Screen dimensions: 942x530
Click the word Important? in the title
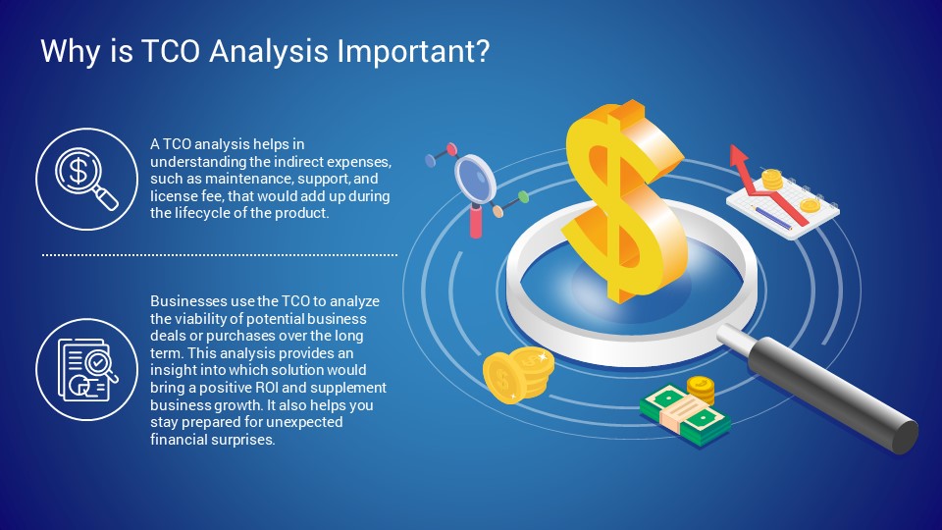point(413,52)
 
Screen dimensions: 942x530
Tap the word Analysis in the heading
point(269,52)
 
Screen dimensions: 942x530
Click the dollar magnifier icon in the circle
point(86,179)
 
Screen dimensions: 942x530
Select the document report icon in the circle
point(87,370)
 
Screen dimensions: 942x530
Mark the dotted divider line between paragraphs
point(219,255)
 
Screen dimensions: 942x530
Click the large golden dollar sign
point(624,201)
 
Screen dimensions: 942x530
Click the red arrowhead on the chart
point(738,156)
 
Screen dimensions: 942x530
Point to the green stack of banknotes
point(685,414)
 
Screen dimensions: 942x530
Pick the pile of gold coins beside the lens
point(517,376)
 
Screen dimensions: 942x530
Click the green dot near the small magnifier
point(523,196)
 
